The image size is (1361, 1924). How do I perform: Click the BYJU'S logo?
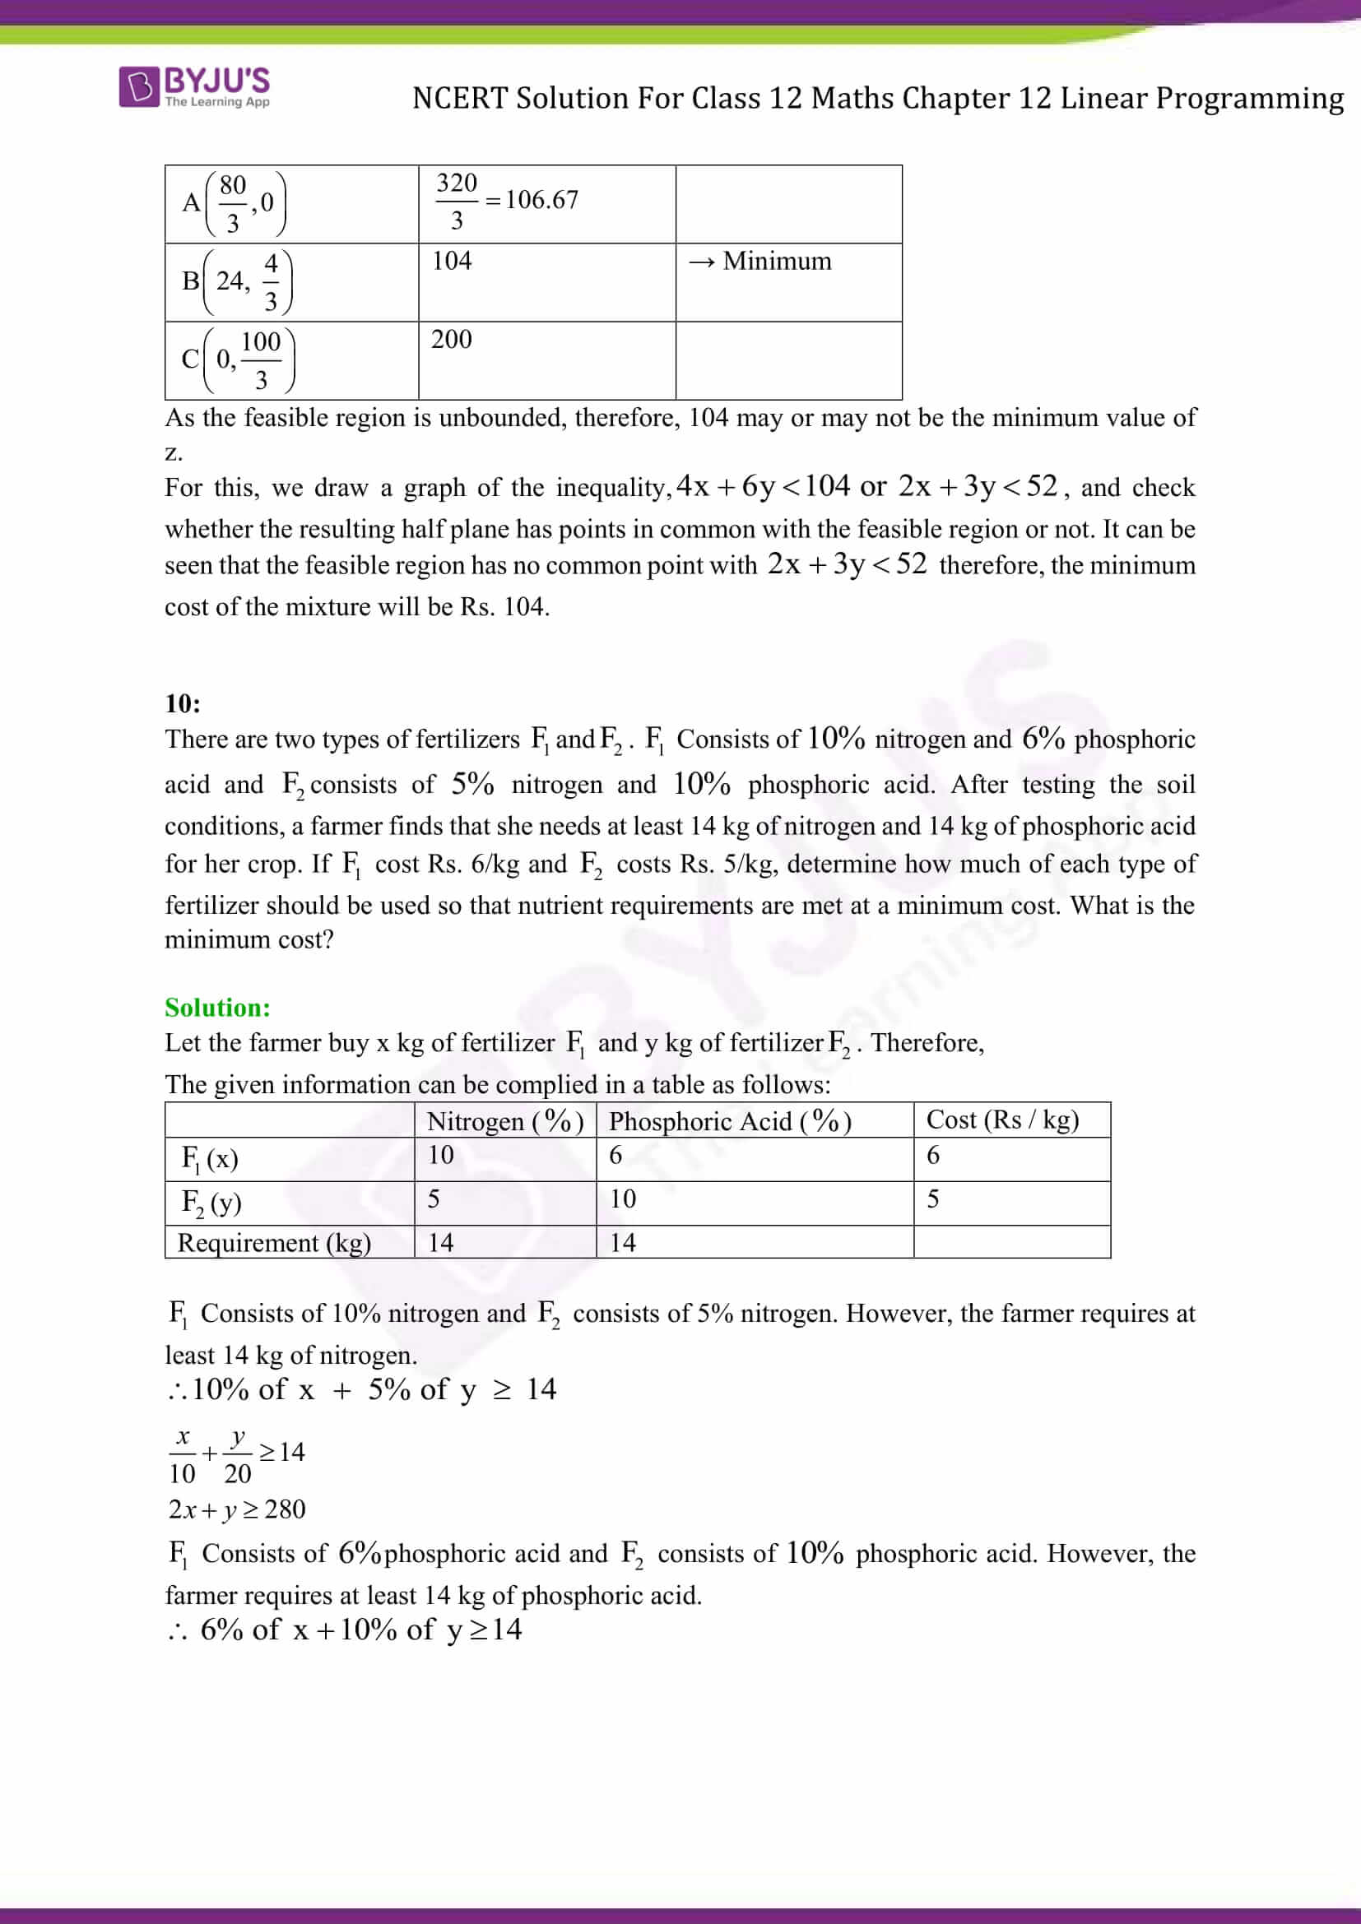coord(194,87)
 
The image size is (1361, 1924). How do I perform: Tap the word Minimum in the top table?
coord(777,262)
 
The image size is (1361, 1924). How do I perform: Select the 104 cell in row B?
coord(452,261)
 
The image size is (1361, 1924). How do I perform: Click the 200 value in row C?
coord(452,340)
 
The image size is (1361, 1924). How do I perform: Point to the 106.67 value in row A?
coord(541,200)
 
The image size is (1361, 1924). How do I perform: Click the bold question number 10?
coord(183,703)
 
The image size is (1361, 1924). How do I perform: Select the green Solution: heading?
coord(217,1008)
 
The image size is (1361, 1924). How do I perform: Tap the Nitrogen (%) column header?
coord(504,1121)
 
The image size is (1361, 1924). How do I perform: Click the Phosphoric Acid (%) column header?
coord(730,1121)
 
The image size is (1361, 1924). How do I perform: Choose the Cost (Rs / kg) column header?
coord(1002,1120)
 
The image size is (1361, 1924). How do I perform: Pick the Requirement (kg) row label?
coord(274,1242)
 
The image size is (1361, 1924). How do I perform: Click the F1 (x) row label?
coord(211,1159)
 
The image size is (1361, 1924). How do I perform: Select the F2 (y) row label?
coord(211,1203)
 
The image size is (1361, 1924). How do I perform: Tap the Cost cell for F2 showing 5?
coord(933,1199)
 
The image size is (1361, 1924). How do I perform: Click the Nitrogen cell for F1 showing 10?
coord(441,1155)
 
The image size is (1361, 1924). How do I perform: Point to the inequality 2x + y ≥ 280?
coord(236,1509)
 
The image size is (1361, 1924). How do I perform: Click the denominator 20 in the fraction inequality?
coord(237,1474)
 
